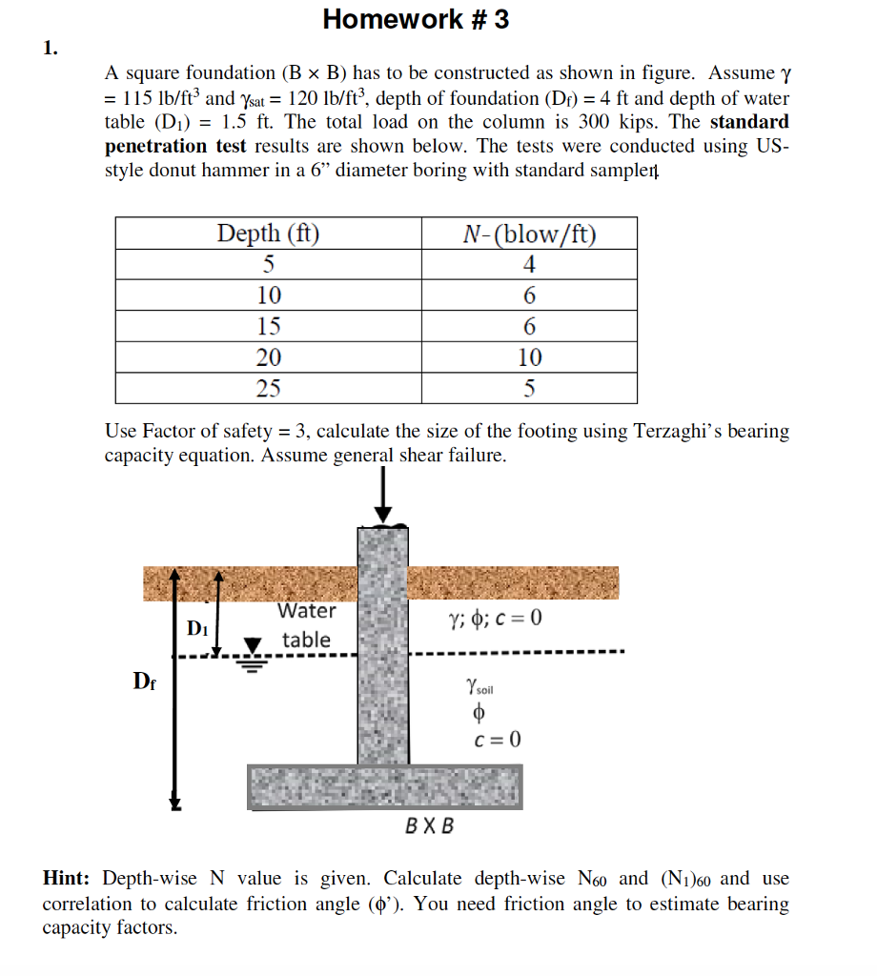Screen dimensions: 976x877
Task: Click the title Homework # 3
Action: pyautogui.click(x=416, y=19)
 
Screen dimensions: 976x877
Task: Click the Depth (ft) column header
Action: pyautogui.click(x=268, y=234)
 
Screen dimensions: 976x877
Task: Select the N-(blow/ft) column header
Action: pyautogui.click(x=529, y=234)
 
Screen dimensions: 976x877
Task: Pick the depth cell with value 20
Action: pyautogui.click(x=268, y=357)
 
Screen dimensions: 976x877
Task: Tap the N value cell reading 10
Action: pyautogui.click(x=529, y=357)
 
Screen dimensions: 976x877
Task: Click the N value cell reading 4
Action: pyautogui.click(x=529, y=265)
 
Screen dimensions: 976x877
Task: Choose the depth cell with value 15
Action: pyautogui.click(x=268, y=326)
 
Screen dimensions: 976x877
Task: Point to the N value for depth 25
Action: pyautogui.click(x=529, y=388)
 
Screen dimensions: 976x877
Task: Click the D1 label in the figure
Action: pyautogui.click(x=197, y=628)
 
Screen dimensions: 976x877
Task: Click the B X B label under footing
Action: pyautogui.click(x=430, y=825)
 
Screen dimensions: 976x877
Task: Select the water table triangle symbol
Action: pyautogui.click(x=253, y=648)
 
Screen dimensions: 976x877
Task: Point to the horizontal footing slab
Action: pyautogui.click(x=384, y=786)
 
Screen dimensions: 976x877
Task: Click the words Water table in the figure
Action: pyautogui.click(x=306, y=625)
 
